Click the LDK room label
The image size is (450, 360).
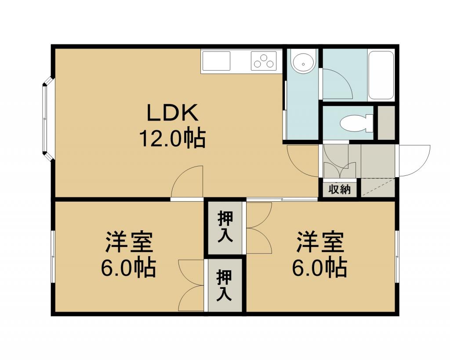pos(173,113)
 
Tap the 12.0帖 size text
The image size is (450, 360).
pos(173,138)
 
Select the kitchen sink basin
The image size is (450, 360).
pos(216,61)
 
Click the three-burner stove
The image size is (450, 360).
pos(264,61)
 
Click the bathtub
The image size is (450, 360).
pos(381,75)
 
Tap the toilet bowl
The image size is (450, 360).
pos(356,124)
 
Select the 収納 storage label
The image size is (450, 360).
pos(340,189)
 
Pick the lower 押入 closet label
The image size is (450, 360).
pos(224,285)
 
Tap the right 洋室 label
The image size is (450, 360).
pos(320,242)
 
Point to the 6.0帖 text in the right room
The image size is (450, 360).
pos(320,268)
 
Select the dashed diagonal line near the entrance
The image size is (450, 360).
pos(378,187)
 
